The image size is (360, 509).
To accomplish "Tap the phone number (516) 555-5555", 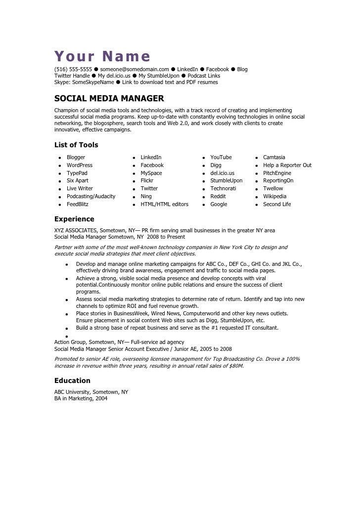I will [73, 70].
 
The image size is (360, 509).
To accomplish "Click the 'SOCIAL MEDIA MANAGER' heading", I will [109, 98].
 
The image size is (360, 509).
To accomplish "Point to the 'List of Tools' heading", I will [76, 145].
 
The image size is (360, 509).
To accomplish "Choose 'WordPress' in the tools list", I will [80, 166].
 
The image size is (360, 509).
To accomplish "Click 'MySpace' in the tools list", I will [151, 173].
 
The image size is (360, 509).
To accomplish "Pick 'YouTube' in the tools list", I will [221, 158].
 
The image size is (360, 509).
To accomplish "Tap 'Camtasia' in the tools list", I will [274, 158].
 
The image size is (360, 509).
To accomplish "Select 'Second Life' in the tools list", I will [277, 205].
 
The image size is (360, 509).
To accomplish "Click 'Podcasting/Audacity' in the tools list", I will [91, 197].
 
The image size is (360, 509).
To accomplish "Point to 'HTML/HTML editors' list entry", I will [164, 205].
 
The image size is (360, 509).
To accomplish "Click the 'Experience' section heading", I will [74, 219].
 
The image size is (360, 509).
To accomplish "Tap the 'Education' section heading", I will [72, 381].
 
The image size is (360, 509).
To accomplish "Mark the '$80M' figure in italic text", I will [236, 367].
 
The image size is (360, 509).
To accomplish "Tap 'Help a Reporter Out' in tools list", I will [287, 166].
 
